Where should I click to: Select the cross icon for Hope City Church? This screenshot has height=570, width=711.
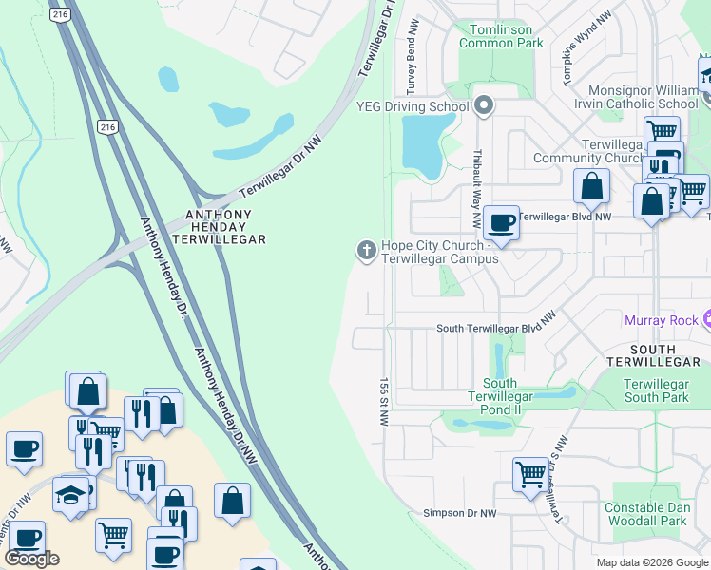[365, 251]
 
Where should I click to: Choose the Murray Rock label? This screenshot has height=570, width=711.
[661, 320]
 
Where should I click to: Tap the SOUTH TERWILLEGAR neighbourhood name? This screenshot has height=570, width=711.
[653, 355]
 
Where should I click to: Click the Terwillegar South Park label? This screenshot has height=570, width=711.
[656, 389]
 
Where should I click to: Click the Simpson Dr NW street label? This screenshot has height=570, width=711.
[460, 513]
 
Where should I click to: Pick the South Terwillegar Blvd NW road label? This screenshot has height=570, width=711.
[495, 329]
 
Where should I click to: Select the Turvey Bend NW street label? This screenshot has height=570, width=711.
[412, 66]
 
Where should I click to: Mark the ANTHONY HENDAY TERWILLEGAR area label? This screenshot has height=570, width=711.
[218, 227]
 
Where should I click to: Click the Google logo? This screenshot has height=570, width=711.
[31, 559]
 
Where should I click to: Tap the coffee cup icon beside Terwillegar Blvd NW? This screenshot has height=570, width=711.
[501, 223]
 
